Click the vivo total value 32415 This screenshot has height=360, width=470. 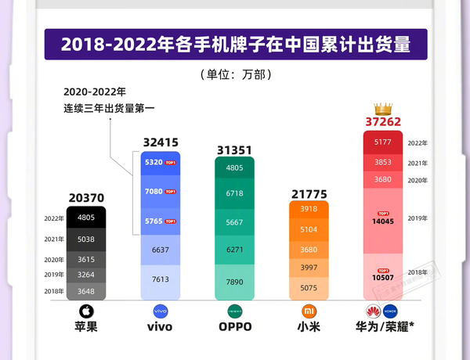[x=161, y=142]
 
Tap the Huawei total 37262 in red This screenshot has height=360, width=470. [x=383, y=121]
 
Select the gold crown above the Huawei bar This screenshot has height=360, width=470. [x=383, y=107]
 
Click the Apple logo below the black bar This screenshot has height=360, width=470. [x=86, y=310]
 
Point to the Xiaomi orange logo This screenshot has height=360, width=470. [x=309, y=310]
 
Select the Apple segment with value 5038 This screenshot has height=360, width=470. [x=86, y=239]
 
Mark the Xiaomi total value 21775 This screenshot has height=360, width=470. [x=309, y=193]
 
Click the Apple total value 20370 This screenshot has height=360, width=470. [x=86, y=199]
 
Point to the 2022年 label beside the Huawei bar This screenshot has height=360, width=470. [x=418, y=143]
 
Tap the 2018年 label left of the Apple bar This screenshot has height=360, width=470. [x=53, y=290]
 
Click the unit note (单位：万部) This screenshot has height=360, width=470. [x=234, y=75]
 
